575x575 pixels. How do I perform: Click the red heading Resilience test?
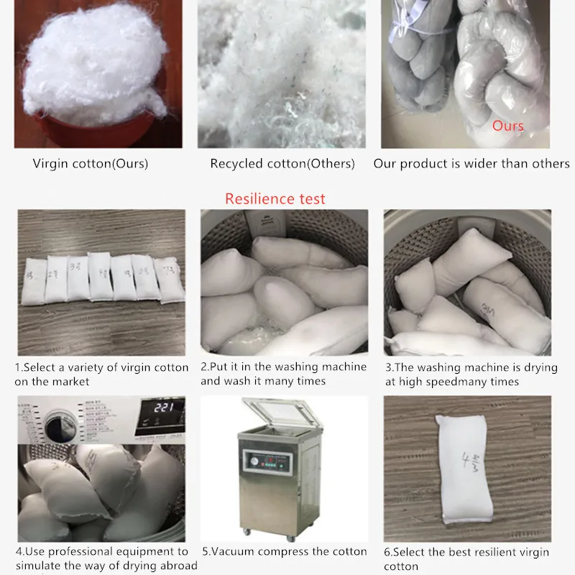point(275,199)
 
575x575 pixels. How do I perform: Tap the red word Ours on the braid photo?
point(507,126)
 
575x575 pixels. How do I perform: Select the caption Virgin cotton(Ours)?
point(91,164)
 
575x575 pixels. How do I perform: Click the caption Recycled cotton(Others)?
point(282,164)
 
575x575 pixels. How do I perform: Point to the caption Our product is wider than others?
point(471,164)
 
